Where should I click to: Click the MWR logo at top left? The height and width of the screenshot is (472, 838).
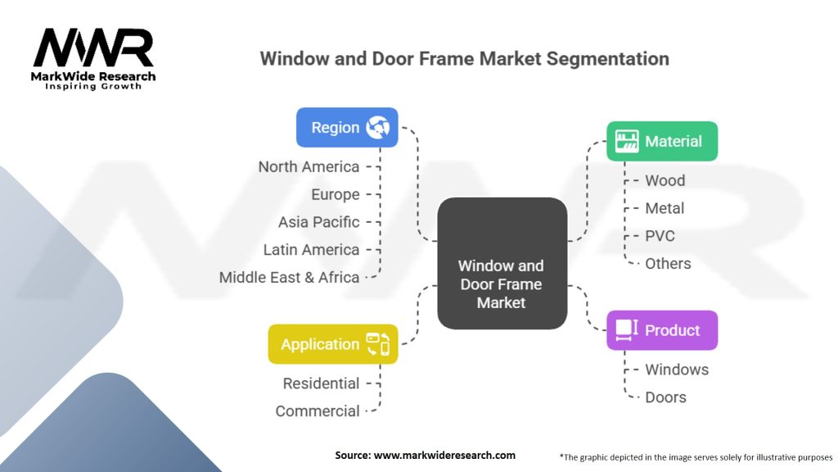[93, 51]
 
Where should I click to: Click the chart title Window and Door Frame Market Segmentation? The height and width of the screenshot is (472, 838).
[464, 59]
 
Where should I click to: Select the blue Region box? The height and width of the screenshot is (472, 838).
[347, 127]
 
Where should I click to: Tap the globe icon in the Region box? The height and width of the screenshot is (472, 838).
[378, 127]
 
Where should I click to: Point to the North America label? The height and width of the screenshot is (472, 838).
[309, 166]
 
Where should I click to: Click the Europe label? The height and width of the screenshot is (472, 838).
[335, 194]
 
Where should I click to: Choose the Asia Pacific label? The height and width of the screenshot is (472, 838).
[318, 222]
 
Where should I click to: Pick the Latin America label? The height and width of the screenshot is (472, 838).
[311, 250]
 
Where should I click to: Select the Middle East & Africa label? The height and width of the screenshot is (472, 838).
[289, 277]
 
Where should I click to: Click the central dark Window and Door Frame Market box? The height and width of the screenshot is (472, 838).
[502, 263]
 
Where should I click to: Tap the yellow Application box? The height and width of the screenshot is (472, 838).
[332, 344]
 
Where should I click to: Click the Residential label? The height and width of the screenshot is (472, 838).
[321, 383]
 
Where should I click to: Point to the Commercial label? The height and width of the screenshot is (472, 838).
[317, 411]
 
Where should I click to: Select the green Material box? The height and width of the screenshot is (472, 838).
[661, 141]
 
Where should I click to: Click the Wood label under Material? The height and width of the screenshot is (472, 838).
[665, 180]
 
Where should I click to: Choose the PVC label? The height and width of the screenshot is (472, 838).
[660, 236]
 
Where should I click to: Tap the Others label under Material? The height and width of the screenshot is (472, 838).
[668, 264]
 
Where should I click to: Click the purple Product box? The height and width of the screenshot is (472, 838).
[661, 330]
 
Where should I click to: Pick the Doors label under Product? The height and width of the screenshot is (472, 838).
[665, 397]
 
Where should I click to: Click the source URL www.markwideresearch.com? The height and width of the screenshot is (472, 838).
[444, 455]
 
